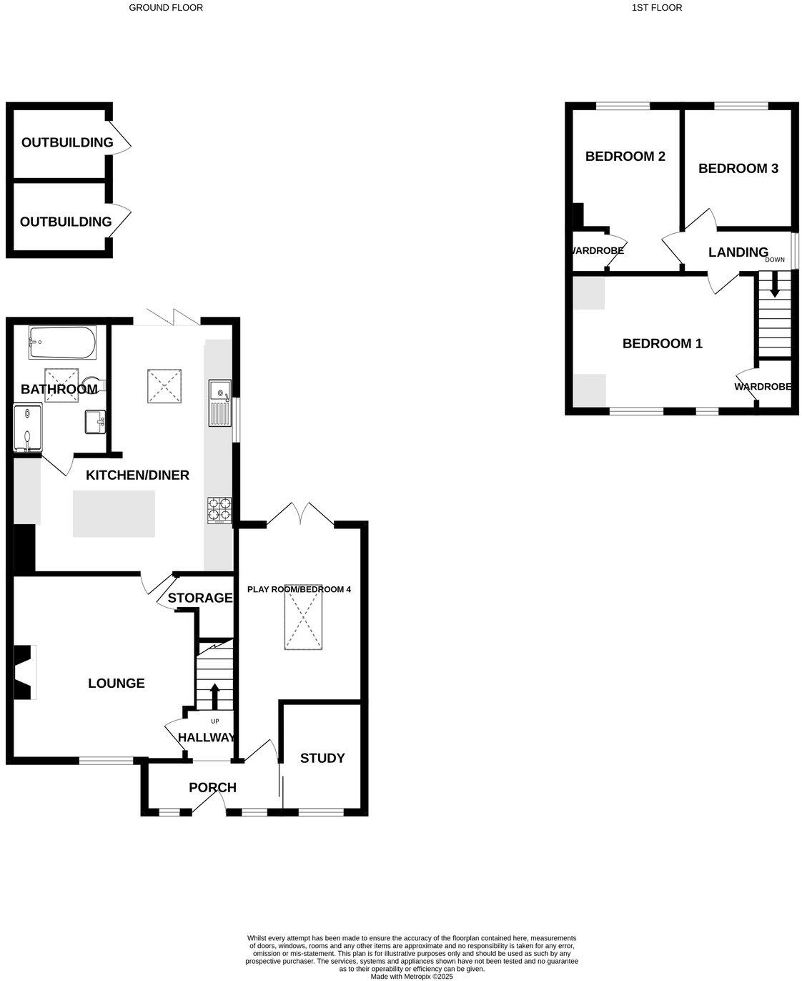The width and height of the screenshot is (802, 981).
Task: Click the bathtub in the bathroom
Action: coord(62,342)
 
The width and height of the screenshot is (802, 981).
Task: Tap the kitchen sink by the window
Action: coord(219,403)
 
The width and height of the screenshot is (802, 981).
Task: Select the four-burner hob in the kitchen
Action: coord(219,510)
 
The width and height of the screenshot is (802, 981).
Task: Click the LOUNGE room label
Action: coord(117,684)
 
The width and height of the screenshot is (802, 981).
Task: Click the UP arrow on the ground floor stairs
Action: coord(214,696)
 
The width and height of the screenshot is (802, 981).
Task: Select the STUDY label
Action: coord(322,758)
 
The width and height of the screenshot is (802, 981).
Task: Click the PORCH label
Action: coord(212,788)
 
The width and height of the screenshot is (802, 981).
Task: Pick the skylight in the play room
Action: coord(304,621)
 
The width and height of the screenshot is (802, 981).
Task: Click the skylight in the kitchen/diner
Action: coord(164,386)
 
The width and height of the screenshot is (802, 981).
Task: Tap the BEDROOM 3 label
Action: coord(738,169)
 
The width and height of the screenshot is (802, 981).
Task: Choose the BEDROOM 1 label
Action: coord(662,344)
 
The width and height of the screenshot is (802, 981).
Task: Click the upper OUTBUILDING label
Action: coord(67,142)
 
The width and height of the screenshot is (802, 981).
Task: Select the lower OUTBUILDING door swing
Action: coord(122,218)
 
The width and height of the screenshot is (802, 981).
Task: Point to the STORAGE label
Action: coord(200,598)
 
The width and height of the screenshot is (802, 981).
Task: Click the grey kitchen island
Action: coord(114,513)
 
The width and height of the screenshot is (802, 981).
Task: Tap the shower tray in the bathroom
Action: coord(27,428)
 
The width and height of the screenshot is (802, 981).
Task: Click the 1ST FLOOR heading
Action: coord(656,8)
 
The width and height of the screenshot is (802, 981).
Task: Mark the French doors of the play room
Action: coord(301,513)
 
